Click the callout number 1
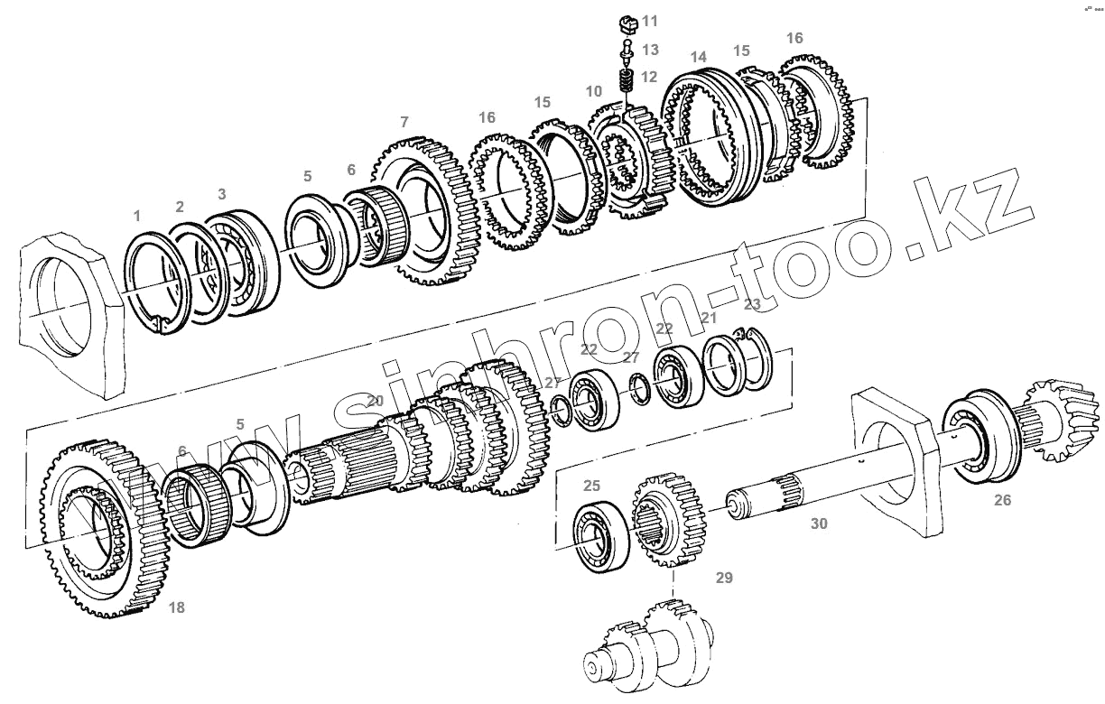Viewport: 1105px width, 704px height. coord(137,217)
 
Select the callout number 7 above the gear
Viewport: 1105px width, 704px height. coord(404,122)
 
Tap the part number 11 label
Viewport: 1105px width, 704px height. coord(651,21)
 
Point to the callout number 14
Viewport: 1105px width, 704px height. coord(698,58)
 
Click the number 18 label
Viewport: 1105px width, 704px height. coord(177,607)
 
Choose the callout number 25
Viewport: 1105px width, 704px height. coord(591,486)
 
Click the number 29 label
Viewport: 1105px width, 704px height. coord(724,578)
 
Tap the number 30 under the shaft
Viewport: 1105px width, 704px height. coord(818,523)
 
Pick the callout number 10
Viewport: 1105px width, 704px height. coord(593,92)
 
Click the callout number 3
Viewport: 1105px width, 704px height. coord(222,193)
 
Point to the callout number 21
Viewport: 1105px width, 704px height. coord(709,318)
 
